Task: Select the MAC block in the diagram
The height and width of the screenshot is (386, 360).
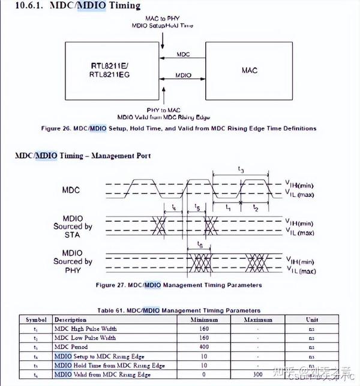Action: click(249, 70)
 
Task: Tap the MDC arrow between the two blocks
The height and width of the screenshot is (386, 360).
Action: click(182, 58)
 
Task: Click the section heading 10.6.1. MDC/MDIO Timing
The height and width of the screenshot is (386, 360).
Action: click(78, 7)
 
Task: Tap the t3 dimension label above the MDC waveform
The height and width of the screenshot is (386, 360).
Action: click(240, 171)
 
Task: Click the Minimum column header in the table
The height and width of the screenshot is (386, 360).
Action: click(205, 319)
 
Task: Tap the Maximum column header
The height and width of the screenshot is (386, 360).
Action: click(258, 319)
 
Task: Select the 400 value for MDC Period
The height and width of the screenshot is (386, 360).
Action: click(205, 347)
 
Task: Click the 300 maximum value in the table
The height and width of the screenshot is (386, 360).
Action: click(258, 374)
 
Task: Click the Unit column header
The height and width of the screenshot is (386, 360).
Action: click(311, 319)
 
